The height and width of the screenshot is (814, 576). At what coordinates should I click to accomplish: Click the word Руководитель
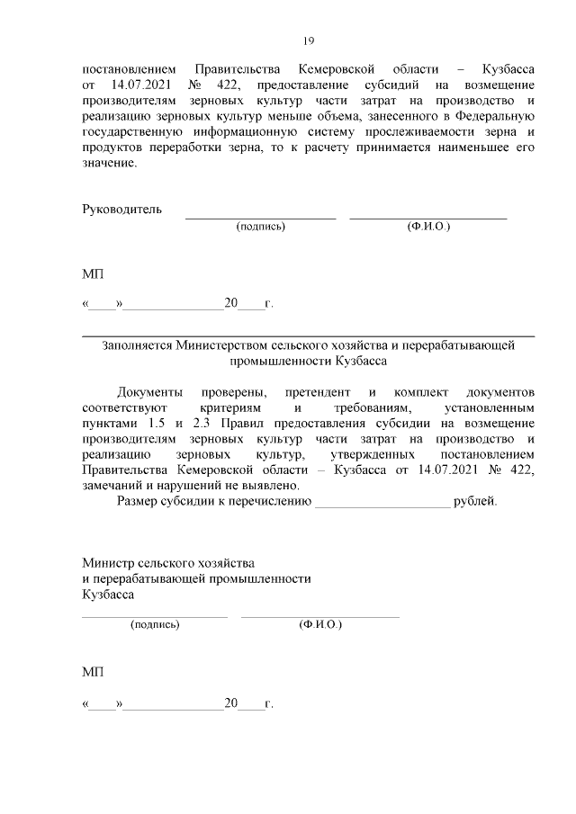(x=122, y=210)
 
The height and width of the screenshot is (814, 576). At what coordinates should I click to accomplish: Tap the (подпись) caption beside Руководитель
(x=260, y=228)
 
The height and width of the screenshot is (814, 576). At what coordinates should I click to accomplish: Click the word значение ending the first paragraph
(x=107, y=165)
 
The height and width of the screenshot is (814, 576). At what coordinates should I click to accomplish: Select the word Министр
(x=105, y=562)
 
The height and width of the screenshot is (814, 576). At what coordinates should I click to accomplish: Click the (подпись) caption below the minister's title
(x=155, y=624)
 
